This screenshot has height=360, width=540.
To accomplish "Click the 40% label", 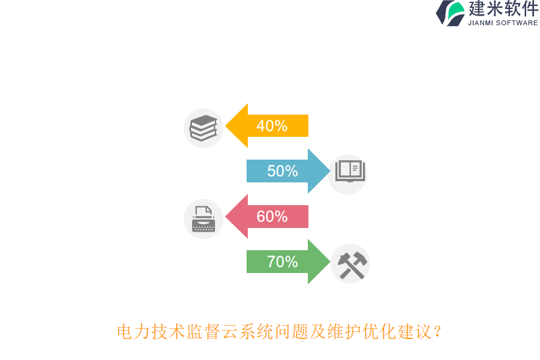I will tap(272, 126).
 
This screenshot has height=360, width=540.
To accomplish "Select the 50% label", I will tap(283, 171).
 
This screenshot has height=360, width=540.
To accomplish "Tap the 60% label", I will tap(272, 217).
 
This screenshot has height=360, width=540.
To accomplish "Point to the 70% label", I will tap(283, 262).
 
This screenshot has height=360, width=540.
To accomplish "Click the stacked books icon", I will tap(203, 128).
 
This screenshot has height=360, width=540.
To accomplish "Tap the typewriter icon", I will tap(203, 219).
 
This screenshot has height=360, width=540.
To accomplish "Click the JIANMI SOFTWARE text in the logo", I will tap(503, 23).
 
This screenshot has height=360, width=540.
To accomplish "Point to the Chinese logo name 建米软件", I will tap(503, 9).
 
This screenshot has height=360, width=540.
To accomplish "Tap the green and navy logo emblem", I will tap(450, 13).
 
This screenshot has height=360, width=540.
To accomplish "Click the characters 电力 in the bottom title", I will tap(134, 331).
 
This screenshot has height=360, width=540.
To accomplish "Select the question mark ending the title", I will tap(437, 331).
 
